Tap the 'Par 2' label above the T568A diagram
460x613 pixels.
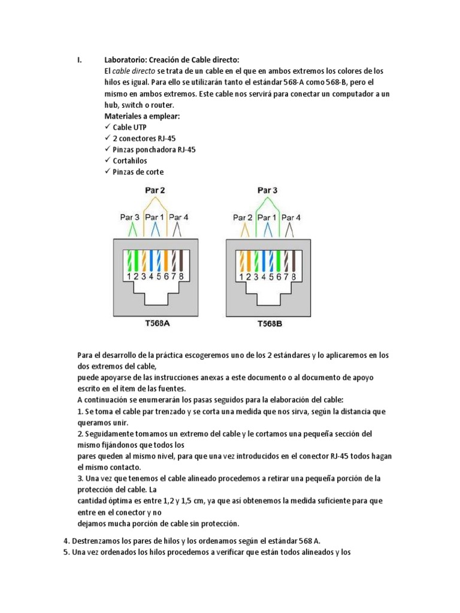click(x=155, y=190)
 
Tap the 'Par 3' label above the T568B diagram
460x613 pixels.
click(x=268, y=190)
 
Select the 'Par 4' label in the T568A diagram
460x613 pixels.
click(x=178, y=217)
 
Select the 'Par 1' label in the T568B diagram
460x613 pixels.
click(x=268, y=218)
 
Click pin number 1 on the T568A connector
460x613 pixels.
click(x=129, y=277)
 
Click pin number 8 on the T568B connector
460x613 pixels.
click(x=293, y=277)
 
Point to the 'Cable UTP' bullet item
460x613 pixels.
click(x=129, y=128)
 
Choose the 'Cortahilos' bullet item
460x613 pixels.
click(x=129, y=160)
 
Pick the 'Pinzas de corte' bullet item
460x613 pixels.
click(x=138, y=172)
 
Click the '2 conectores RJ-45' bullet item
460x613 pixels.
click(x=144, y=138)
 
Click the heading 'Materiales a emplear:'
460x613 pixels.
click(x=142, y=116)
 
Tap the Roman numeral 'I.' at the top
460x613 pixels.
click(x=80, y=59)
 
